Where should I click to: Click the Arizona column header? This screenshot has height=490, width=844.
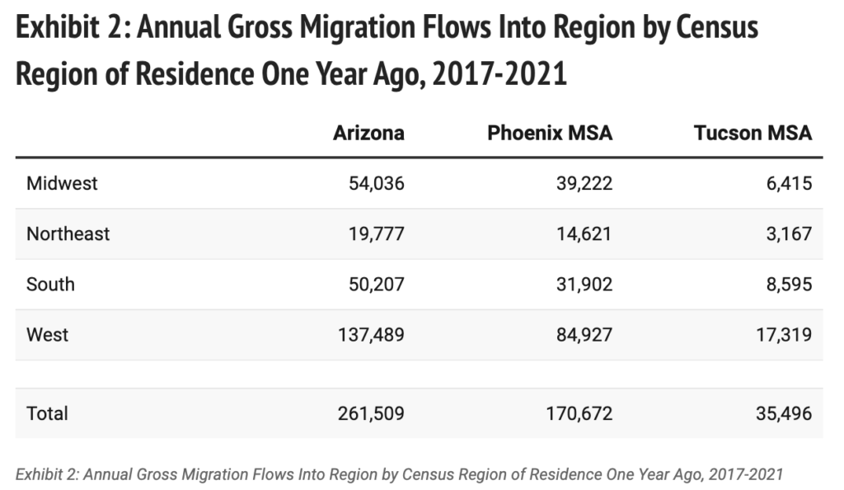[368, 133]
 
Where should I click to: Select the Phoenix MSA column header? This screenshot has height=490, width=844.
[550, 133]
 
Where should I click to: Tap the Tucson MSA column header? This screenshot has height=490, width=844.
[753, 133]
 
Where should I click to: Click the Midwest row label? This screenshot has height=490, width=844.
[62, 183]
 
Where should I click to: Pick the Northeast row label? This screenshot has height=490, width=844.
[68, 233]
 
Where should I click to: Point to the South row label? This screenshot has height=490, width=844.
[50, 285]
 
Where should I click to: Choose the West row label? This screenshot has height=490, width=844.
[47, 335]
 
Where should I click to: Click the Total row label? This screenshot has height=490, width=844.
[48, 413]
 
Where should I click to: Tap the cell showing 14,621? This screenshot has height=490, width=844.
[584, 233]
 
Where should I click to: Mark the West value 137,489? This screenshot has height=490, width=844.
[371, 335]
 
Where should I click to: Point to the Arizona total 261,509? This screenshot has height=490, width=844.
[371, 413]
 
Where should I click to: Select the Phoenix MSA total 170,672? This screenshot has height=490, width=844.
[579, 413]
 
